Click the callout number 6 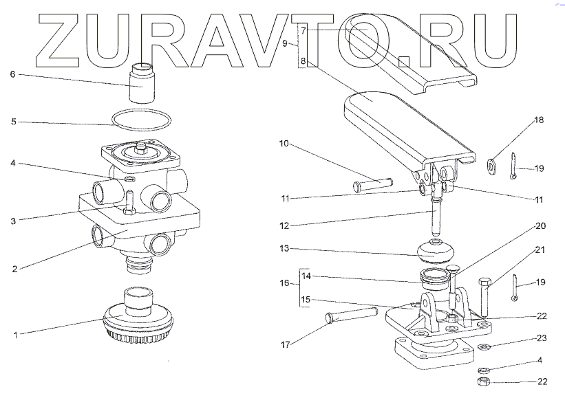tap(12, 74)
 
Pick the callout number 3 tap(14, 221)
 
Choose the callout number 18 tap(539, 120)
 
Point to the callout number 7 tap(303, 30)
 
